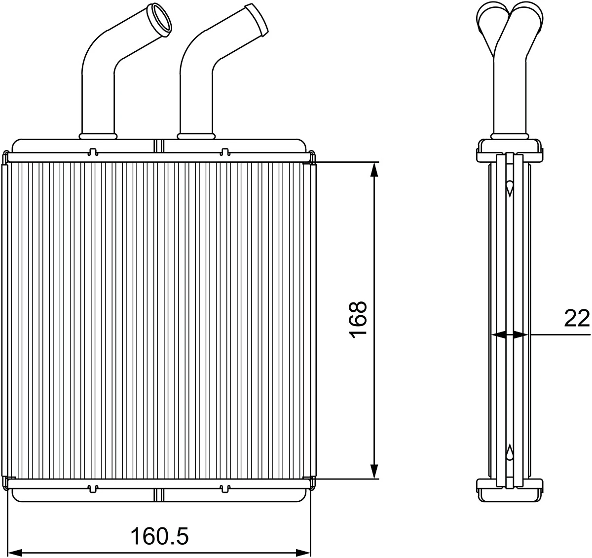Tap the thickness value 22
pos(577,318)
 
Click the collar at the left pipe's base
pos(98,136)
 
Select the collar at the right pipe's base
pos(196,136)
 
